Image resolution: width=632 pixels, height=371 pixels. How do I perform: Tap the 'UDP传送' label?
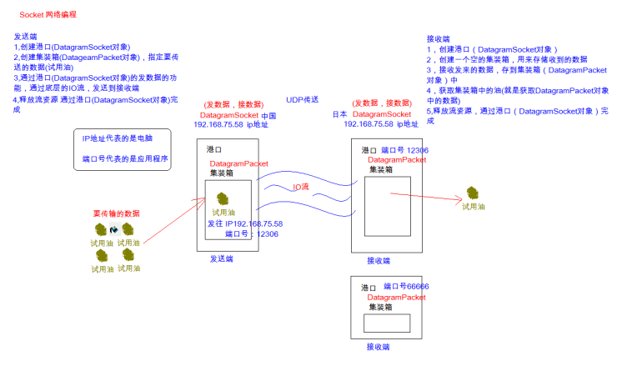click(x=302, y=98)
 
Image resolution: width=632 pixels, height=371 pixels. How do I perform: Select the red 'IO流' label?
click(x=301, y=187)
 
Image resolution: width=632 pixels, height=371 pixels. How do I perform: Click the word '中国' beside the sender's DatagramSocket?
click(x=268, y=115)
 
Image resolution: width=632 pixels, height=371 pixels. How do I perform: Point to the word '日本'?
click(x=339, y=113)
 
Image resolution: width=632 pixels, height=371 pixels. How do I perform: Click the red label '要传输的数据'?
click(x=116, y=213)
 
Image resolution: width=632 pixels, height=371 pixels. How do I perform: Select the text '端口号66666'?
click(x=406, y=286)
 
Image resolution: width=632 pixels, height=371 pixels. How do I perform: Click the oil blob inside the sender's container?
click(x=223, y=198)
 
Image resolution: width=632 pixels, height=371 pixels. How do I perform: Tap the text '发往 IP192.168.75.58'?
click(x=245, y=223)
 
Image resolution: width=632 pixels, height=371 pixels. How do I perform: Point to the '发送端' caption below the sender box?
click(x=222, y=259)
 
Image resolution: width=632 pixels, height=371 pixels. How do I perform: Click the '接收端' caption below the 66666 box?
click(x=379, y=346)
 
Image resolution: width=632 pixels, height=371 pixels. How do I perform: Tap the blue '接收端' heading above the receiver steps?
click(x=438, y=39)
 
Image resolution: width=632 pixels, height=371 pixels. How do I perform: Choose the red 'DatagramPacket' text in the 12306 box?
click(x=397, y=159)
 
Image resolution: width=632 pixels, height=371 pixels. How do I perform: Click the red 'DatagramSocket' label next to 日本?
click(x=382, y=113)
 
